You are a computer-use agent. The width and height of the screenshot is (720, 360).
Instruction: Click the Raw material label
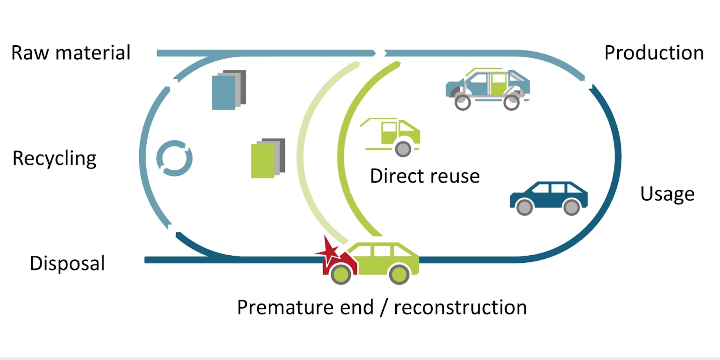71,53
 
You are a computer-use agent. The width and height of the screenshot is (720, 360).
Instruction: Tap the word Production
654,53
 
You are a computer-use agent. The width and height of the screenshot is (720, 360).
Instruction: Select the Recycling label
54,158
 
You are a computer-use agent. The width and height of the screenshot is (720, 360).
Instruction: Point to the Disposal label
67,264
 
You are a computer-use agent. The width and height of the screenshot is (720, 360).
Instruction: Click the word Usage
667,194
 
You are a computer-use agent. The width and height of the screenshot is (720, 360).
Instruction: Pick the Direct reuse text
425,176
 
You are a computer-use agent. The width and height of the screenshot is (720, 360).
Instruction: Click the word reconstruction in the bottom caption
460,307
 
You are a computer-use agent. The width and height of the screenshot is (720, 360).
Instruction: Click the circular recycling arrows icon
174,158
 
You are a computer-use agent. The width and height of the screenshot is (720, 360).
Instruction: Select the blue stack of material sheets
228,90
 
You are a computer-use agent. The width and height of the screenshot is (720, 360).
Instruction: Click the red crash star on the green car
328,251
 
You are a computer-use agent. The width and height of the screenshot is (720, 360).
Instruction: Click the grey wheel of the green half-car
403,149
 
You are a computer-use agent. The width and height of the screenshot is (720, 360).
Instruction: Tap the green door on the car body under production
498,84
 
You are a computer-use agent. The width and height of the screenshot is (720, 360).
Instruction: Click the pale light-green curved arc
304,148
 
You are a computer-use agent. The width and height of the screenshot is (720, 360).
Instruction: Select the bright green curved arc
343,148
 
